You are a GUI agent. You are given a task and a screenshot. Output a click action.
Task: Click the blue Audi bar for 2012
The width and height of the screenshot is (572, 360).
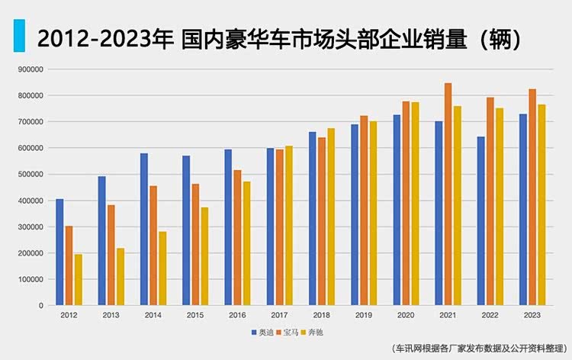coord(59,252)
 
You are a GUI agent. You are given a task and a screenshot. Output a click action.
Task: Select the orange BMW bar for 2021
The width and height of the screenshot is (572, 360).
coord(448,194)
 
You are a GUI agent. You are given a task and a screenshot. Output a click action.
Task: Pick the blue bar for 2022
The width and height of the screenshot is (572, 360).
coord(480,220)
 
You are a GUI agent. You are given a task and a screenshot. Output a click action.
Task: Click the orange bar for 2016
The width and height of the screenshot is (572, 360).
coord(236,237)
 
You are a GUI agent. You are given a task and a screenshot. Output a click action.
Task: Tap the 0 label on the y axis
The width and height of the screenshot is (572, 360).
coord(41,306)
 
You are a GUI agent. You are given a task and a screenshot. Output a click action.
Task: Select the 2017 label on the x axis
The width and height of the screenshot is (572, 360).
coord(279,315)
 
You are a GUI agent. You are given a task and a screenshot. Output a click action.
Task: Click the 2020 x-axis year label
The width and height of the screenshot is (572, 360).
coord(406,315)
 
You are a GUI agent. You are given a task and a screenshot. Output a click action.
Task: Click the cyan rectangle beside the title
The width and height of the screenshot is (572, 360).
coord(20,35)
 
